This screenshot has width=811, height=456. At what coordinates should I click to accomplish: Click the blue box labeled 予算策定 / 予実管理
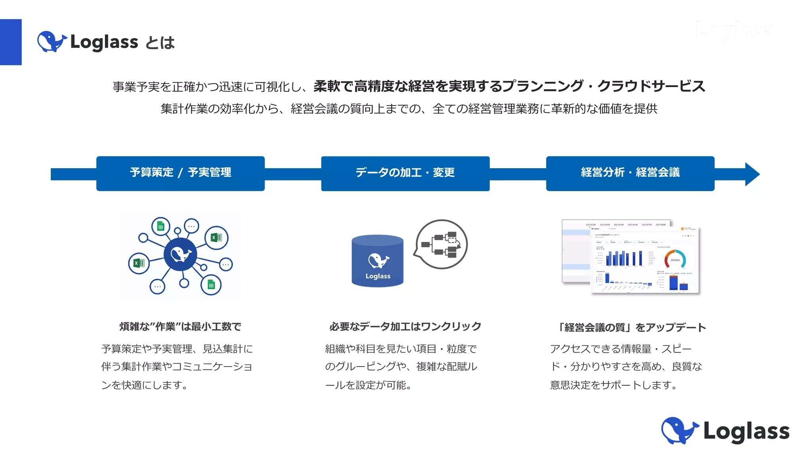click(x=180, y=173)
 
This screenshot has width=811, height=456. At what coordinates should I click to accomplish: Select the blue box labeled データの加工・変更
click(x=405, y=173)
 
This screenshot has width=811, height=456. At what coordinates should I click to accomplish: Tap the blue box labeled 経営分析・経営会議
click(x=630, y=173)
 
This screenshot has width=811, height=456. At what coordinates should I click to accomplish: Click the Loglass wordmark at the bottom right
click(x=746, y=431)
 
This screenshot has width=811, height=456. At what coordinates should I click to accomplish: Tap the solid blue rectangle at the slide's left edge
click(x=11, y=42)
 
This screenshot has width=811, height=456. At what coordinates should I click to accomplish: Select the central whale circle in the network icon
click(x=181, y=254)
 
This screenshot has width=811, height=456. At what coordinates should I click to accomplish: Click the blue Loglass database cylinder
click(x=377, y=261)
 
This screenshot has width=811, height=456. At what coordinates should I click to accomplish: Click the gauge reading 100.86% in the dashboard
click(x=675, y=260)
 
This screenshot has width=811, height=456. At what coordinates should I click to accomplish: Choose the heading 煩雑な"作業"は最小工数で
click(x=180, y=327)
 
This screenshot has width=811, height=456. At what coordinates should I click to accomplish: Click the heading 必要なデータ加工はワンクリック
click(x=405, y=327)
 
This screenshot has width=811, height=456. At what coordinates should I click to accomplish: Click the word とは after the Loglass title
click(x=160, y=43)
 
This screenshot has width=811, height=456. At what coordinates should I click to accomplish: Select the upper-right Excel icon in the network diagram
click(x=216, y=237)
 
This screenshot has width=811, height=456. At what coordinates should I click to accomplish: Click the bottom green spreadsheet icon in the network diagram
click(x=211, y=285)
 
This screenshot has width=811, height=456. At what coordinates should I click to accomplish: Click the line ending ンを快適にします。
click(x=145, y=385)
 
